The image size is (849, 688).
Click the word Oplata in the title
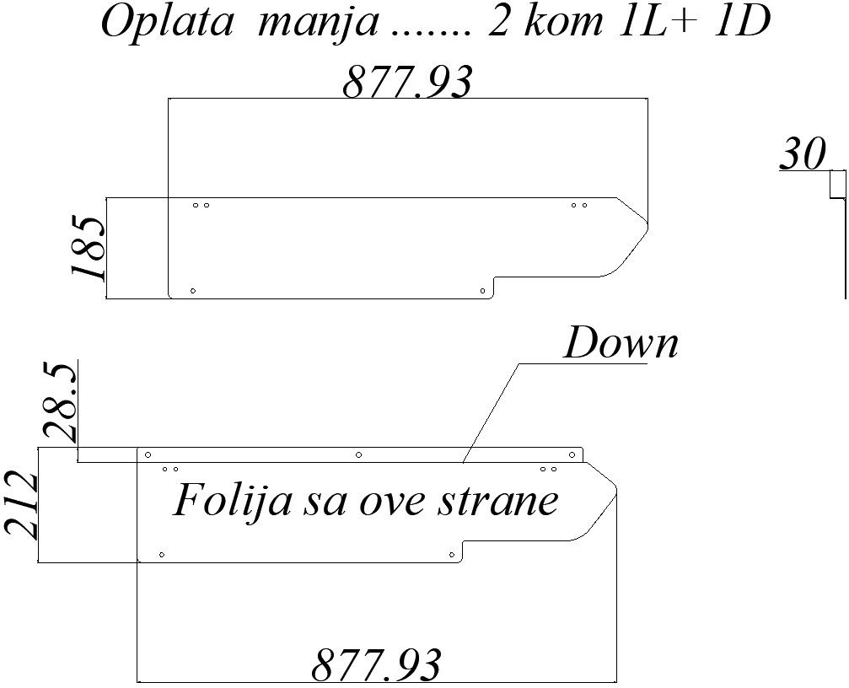coord(166,23)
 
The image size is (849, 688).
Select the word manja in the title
coord(318,23)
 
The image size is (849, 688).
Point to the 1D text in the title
coord(742,23)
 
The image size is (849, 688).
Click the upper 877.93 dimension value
coord(407,82)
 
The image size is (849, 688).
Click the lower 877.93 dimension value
coord(377,664)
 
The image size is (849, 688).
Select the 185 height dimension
coord(89,248)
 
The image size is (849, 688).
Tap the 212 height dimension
coord(21,506)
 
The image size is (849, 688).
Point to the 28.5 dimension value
coord(61,402)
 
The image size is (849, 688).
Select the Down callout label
coord(621,344)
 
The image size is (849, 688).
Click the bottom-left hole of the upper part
coord(193,291)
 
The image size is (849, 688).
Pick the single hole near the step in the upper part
coord(482,291)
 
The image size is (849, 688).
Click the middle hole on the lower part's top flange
coord(359,455)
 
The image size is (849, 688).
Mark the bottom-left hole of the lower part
coord(161,555)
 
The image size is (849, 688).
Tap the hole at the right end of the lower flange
coord(572,455)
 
